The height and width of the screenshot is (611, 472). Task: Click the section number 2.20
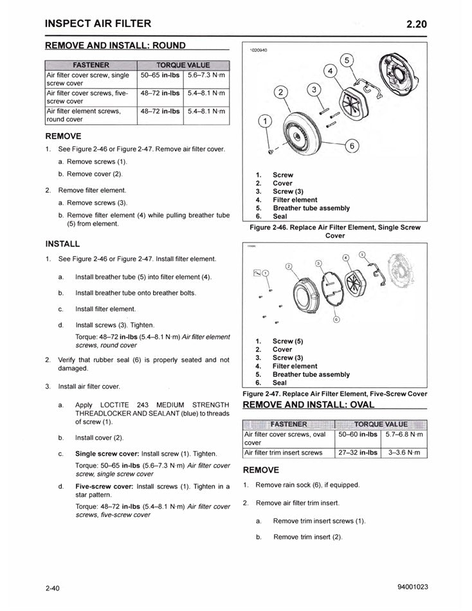point(416,24)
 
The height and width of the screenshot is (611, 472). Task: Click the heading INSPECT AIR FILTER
point(98,24)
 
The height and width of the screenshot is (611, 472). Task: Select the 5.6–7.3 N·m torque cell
point(206,76)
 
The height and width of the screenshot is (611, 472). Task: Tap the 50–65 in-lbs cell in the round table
point(160,76)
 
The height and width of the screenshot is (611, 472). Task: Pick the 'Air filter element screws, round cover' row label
point(89,115)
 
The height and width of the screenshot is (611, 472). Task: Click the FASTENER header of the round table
point(91,65)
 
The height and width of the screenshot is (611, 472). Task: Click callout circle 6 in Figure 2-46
point(352,145)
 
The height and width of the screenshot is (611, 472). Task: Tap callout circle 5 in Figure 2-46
point(348,60)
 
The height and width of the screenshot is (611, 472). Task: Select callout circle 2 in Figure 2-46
point(282,91)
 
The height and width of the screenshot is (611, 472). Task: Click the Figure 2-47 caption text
point(334,394)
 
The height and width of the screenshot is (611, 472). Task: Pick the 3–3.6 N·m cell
point(404,453)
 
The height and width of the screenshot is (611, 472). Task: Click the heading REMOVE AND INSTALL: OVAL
point(309,405)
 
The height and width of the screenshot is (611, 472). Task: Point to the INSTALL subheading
point(63,244)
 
